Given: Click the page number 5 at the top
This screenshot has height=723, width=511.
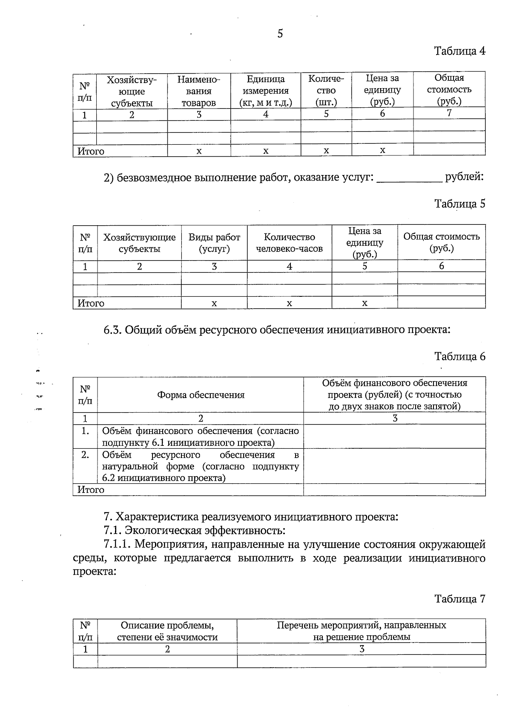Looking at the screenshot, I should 280,34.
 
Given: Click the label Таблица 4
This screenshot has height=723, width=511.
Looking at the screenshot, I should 459,51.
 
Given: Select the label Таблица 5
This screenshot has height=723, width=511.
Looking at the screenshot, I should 459,204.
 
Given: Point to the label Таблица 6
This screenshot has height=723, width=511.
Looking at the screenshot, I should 459,356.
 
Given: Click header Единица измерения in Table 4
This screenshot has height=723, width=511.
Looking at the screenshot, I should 266,91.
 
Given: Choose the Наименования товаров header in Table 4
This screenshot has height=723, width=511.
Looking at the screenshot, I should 198,91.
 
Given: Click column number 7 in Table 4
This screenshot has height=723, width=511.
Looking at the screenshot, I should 449,113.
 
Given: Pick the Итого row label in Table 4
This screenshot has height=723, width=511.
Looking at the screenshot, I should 91,151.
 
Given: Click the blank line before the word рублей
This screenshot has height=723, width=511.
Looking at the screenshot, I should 409,178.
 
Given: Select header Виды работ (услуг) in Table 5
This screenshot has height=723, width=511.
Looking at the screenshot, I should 214,243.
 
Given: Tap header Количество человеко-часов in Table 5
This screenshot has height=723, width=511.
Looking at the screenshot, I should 289,243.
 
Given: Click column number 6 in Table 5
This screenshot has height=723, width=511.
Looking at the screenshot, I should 441,266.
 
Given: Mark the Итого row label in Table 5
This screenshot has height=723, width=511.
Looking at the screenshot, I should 91,303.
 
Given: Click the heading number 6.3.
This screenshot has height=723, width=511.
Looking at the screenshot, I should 113,330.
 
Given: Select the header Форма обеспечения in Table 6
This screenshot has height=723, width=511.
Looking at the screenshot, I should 201,395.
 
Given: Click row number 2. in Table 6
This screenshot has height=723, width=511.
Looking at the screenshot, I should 85,455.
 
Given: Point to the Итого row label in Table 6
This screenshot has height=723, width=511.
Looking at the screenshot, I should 91,490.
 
